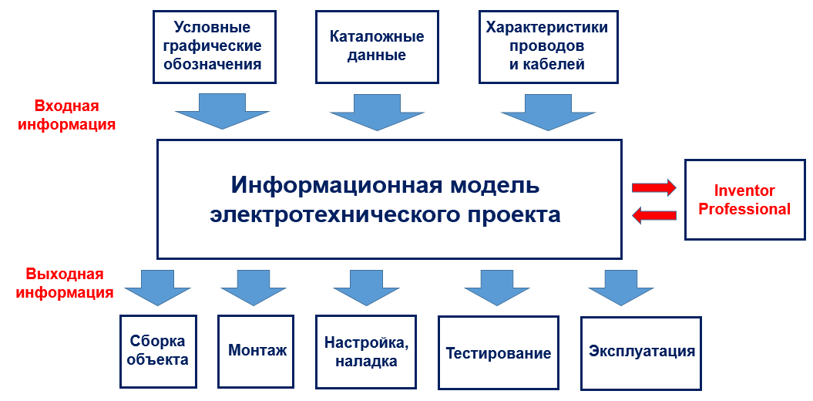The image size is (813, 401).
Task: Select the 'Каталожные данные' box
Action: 377,46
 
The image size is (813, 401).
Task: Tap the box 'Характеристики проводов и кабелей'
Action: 547,46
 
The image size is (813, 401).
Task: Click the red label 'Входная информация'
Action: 66,114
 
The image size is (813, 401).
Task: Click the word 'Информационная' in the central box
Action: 334,186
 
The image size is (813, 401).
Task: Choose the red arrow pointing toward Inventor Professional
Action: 653,187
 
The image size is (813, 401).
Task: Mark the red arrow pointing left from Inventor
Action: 653,215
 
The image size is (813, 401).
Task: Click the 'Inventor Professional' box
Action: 744,200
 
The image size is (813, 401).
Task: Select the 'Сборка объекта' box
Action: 158,351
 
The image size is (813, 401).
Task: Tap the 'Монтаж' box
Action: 257,351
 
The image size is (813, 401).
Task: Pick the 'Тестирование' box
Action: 499,352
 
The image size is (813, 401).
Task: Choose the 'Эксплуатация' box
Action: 641,352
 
